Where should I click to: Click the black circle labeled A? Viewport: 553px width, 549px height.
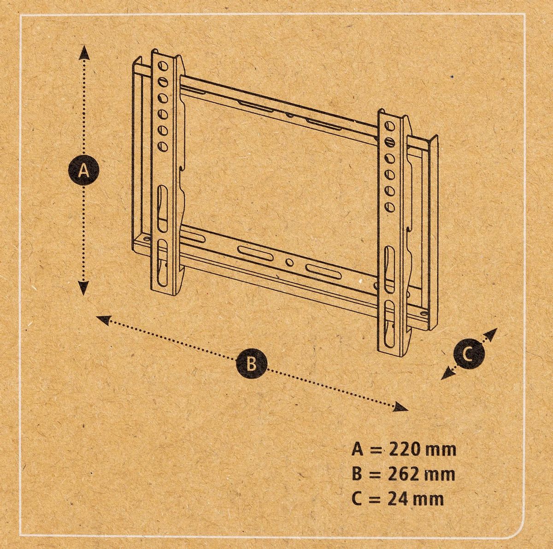(x=83, y=171)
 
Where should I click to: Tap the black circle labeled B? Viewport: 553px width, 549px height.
(x=252, y=364)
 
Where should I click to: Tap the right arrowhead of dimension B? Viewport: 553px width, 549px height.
(x=401, y=407)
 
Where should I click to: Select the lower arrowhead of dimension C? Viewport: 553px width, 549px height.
(x=447, y=374)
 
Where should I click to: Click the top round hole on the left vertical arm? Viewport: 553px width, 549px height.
(x=162, y=66)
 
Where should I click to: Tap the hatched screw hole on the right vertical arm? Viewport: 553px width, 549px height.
(x=390, y=142)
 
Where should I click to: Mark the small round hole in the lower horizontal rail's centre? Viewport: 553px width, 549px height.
(x=290, y=262)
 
